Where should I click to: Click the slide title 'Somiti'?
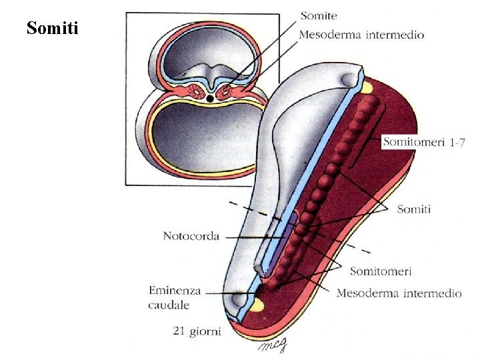53,29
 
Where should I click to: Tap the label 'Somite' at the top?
319,15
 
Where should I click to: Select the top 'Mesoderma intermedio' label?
361,34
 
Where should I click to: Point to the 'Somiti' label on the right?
413,209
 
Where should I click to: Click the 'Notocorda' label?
191,236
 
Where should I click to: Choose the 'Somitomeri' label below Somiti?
381,271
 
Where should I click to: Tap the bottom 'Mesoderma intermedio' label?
399,293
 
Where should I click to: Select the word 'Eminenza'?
175,291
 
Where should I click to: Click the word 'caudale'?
169,305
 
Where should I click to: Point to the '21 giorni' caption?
197,331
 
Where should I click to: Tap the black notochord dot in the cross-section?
211,99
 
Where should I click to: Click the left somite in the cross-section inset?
199,90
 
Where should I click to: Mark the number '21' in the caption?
179,331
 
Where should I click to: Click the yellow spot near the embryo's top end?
367,87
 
